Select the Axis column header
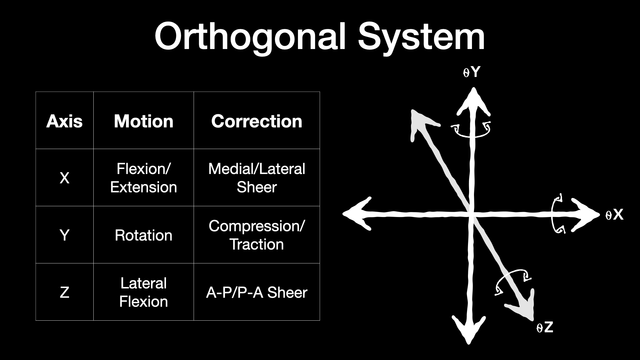pos(64,121)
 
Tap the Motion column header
pos(144,121)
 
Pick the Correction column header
pos(257,121)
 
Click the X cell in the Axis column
pos(64,178)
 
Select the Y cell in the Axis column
pos(64,235)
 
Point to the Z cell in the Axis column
pos(64,293)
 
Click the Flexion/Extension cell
pos(144,178)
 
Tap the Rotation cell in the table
pos(144,235)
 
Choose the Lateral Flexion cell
pos(144,292)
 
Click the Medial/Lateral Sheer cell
pos(257,178)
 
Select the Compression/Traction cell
pos(257,235)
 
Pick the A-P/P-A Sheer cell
pos(257,292)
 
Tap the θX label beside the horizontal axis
pos(614,215)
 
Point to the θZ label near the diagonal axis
pos(545,328)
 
